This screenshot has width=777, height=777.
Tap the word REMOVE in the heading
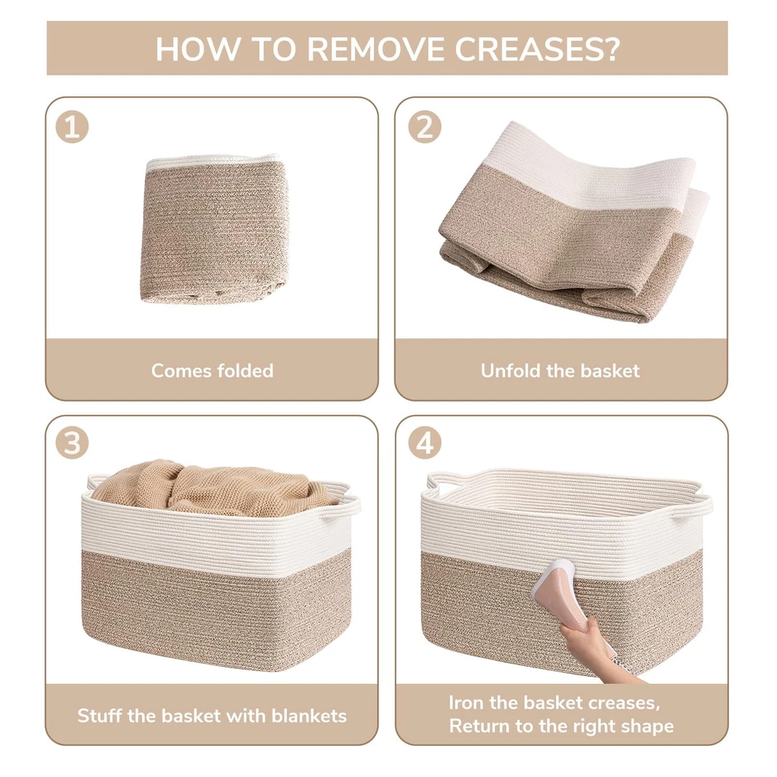376,48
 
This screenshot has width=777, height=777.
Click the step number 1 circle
72,127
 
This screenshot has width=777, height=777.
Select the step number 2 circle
425,127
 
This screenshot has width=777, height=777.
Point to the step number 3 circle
72,443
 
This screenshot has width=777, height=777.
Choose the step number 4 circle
425,443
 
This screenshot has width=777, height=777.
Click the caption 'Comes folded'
212,371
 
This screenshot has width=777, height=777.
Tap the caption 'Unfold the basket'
560,371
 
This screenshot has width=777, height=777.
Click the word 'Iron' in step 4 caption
466,702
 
